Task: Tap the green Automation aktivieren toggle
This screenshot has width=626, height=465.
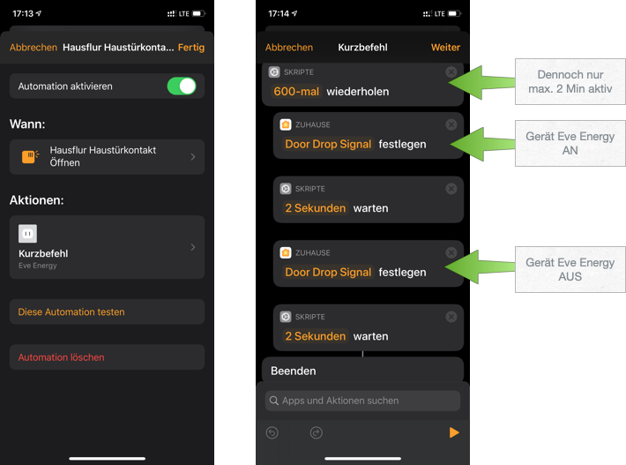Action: tap(182, 86)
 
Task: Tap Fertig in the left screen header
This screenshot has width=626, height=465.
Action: tap(191, 48)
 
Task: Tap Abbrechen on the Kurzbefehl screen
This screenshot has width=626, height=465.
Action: tap(289, 48)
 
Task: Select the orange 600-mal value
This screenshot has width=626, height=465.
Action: tap(296, 92)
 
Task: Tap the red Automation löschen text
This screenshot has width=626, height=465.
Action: tap(61, 357)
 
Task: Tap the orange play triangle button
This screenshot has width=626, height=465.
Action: tap(454, 432)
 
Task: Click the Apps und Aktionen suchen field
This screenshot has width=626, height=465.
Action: tap(362, 401)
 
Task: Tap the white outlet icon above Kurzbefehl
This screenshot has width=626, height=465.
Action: tap(27, 234)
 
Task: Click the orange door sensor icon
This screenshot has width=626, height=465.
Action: tap(30, 156)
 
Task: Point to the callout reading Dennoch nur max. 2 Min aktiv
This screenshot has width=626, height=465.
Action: tap(570, 81)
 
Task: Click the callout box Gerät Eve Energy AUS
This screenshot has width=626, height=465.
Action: tap(570, 270)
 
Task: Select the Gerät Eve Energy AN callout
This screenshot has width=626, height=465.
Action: tap(570, 144)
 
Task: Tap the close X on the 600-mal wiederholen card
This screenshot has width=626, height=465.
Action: tap(451, 71)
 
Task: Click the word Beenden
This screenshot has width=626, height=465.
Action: tap(293, 371)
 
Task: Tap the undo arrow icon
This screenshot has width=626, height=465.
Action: tap(272, 432)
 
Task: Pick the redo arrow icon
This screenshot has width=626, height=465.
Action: tap(317, 432)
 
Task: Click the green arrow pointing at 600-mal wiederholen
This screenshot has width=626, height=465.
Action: tap(481, 82)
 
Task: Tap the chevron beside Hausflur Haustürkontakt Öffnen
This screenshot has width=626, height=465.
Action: tap(193, 156)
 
